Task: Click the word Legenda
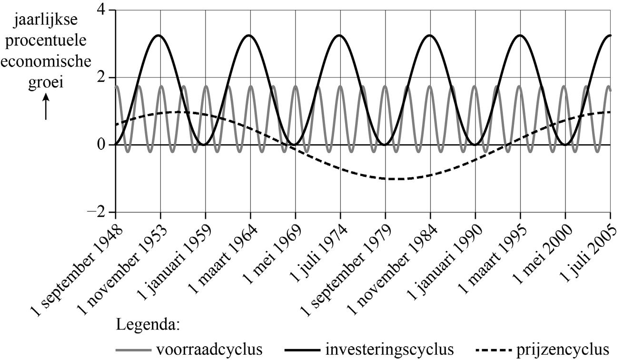point(147,326)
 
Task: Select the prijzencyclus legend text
point(564,350)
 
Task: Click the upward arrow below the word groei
point(46,106)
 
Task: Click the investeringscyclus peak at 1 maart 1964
point(250,35)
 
